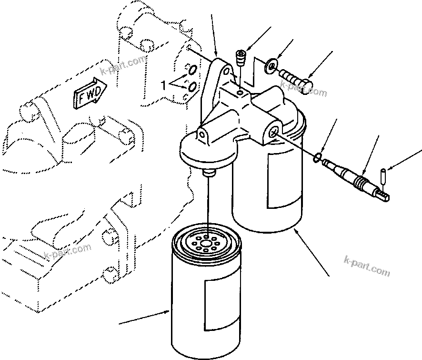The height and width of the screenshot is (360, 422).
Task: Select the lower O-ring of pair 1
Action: coord(192,87)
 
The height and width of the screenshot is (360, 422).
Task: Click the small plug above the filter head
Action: coord(241,60)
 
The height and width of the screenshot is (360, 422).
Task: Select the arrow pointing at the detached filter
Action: coord(143,317)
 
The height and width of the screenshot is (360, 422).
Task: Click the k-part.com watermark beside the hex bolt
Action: coord(304,90)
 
